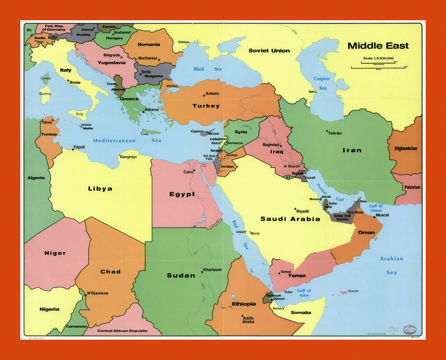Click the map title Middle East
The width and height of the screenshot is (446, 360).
pyautogui.click(x=378, y=46)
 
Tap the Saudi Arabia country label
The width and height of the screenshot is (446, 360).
pyautogui.click(x=290, y=219)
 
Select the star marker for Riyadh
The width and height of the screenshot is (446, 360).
pyautogui.click(x=295, y=209)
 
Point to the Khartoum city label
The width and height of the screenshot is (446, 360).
pyautogui.click(x=212, y=270)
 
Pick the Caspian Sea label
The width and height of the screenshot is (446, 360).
pyautogui.click(x=322, y=83)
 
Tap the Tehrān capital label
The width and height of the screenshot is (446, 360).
pyautogui.click(x=335, y=133)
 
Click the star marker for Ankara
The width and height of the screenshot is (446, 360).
pyautogui.click(x=204, y=95)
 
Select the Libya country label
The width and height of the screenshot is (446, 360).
pyautogui.click(x=100, y=189)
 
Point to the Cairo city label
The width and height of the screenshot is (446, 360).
pyautogui.click(x=188, y=172)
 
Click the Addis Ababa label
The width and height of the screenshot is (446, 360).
pyautogui.click(x=249, y=319)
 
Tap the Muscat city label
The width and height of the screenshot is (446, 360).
pyautogui.click(x=382, y=215)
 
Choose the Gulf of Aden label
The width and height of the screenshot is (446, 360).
pyautogui.click(x=304, y=293)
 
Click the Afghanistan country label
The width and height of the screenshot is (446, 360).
pyautogui.click(x=405, y=148)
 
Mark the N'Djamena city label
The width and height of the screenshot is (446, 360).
pyautogui.click(x=98, y=293)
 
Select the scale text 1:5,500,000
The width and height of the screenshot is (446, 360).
pyautogui.click(x=378, y=58)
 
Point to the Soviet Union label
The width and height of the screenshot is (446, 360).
pyautogui.click(x=269, y=51)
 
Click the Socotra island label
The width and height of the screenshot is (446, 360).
pyautogui.click(x=353, y=291)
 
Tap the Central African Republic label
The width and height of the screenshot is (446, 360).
pyautogui.click(x=122, y=331)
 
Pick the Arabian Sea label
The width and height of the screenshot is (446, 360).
pyautogui.click(x=392, y=265)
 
